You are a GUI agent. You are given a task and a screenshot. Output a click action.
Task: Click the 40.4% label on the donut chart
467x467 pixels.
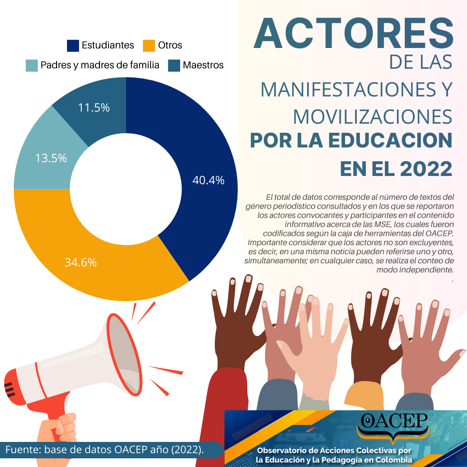coord(208,180)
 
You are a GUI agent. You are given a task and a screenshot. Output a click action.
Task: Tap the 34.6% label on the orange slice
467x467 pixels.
coord(80,262)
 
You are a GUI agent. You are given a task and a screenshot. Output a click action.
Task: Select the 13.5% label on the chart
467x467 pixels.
coord(51,158)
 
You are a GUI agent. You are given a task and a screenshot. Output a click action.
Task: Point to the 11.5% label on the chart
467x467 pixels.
coord(94,108)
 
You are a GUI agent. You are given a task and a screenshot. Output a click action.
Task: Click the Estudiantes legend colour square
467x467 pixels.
coord(73,45)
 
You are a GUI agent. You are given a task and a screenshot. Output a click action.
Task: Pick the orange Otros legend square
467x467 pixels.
coord(149,45)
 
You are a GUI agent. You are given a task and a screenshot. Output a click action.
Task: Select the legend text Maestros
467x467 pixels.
coord(203,65)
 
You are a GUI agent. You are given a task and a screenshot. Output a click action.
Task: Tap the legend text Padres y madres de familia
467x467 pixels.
coord(100,65)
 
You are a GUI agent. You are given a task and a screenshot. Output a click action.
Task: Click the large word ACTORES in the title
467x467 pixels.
coord(353,33)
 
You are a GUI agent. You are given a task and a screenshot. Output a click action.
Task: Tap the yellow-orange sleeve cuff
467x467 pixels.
coord(364,397)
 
